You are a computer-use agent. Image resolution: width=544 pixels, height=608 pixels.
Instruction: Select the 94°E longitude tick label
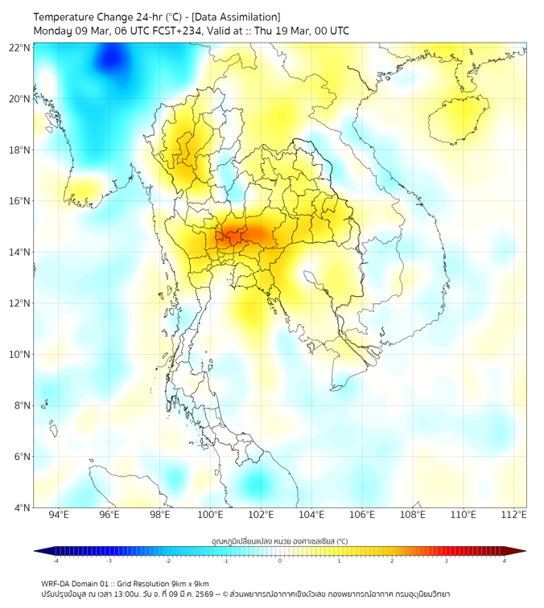(59, 515)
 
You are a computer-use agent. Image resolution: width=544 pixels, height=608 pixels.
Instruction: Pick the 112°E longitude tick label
(513, 515)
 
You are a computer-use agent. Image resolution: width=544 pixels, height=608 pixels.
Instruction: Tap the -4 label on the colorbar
(55, 561)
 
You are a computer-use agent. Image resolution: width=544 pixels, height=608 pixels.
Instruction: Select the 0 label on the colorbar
(280, 561)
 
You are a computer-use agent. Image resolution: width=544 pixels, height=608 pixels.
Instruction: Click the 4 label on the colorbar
(504, 561)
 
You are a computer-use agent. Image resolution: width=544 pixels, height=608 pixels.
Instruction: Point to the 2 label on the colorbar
(392, 561)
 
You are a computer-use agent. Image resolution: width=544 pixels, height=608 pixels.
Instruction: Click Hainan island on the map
(460, 118)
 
